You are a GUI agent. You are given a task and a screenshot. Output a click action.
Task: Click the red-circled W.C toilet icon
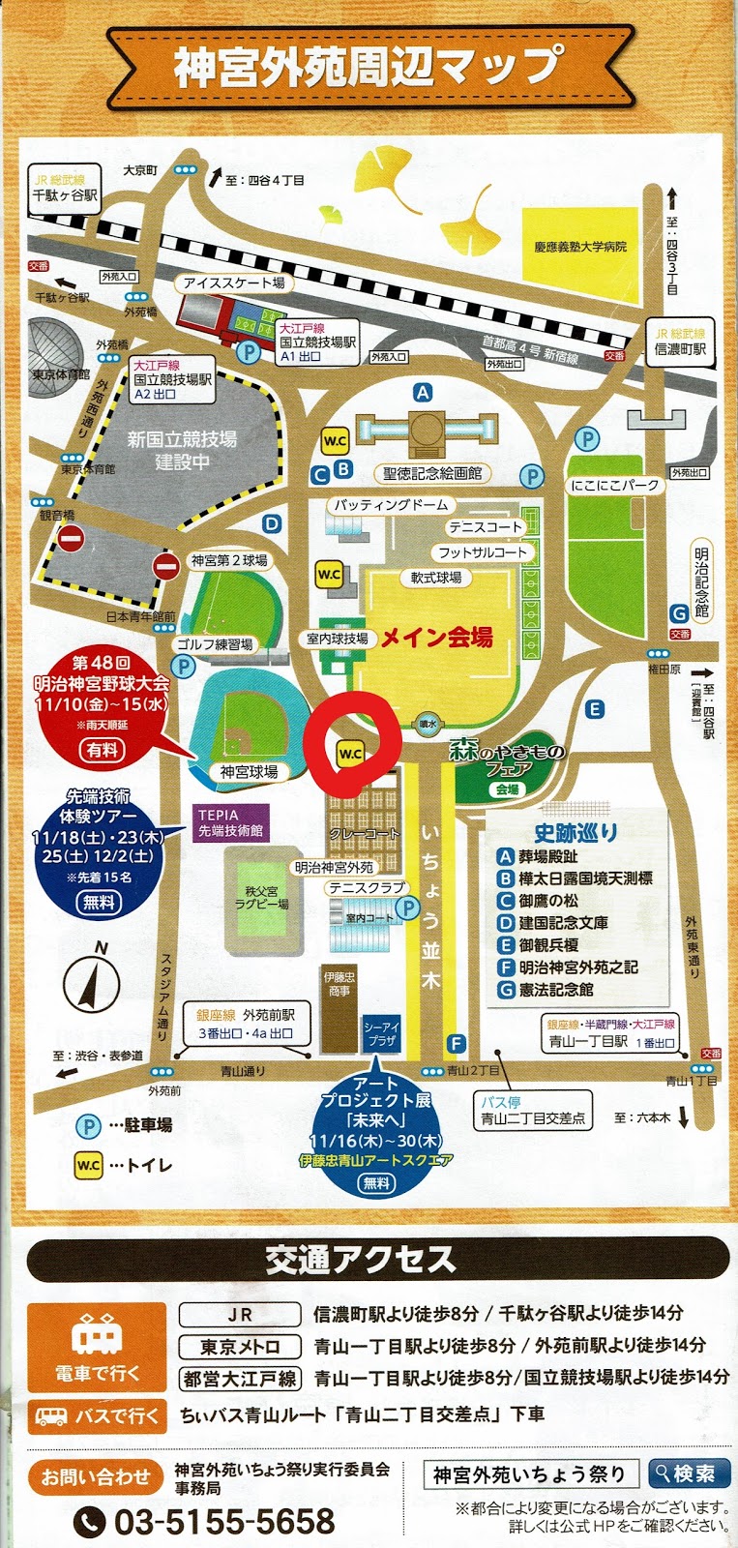[350, 754]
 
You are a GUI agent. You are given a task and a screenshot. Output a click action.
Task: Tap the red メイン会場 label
[436, 637]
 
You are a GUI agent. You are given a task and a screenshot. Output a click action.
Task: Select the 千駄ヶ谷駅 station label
[65, 194]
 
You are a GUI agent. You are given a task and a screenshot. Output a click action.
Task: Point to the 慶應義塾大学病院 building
[580, 247]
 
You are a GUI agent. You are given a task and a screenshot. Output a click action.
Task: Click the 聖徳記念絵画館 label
[432, 473]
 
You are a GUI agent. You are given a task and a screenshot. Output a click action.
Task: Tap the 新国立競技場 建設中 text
[182, 450]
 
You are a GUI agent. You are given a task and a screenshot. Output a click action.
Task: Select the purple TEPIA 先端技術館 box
[230, 823]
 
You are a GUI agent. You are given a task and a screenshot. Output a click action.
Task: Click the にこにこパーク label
[614, 485]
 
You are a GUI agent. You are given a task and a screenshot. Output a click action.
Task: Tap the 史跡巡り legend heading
[576, 832]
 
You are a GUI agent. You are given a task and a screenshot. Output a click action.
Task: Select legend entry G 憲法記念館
[556, 990]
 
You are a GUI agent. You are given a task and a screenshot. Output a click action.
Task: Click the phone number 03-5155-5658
[224, 1521]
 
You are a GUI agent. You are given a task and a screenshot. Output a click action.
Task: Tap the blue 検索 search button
[689, 1474]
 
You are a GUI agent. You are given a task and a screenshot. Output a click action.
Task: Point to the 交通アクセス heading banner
[361, 1259]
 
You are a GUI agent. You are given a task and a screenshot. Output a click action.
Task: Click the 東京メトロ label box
[240, 1346]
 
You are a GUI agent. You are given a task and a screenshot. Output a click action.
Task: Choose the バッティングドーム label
[391, 505]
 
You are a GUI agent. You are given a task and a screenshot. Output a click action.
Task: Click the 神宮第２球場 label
[229, 560]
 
